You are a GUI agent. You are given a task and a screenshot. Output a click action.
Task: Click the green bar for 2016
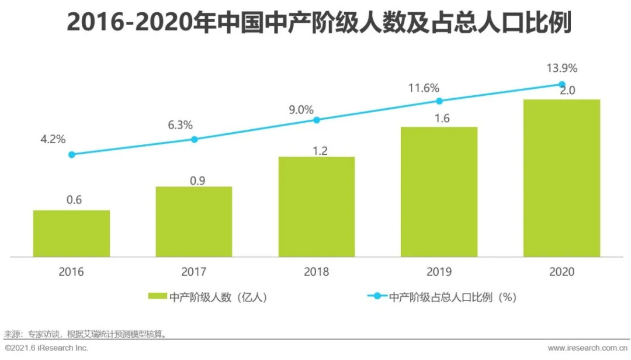click(71, 233)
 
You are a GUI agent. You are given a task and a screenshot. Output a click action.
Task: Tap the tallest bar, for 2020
click(561, 178)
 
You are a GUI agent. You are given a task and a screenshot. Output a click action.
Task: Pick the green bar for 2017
click(194, 221)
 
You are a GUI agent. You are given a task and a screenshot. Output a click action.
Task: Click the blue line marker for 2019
click(439, 101)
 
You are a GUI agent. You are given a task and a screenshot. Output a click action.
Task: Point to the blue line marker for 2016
click(71, 155)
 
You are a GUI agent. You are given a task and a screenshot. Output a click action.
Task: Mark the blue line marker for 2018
click(317, 120)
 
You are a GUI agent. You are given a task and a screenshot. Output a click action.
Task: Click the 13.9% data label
click(561, 68)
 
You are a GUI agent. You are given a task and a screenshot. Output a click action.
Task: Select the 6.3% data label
click(195, 124)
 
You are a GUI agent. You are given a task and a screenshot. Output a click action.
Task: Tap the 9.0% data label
click(317, 109)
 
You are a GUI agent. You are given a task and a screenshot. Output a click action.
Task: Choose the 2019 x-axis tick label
click(439, 272)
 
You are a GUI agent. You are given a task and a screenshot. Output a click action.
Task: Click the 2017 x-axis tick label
click(194, 272)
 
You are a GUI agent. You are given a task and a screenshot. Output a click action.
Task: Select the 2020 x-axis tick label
click(561, 272)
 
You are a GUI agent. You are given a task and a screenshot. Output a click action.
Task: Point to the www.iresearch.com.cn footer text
click(587, 348)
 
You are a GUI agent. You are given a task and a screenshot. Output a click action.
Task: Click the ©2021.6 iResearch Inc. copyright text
click(46, 348)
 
